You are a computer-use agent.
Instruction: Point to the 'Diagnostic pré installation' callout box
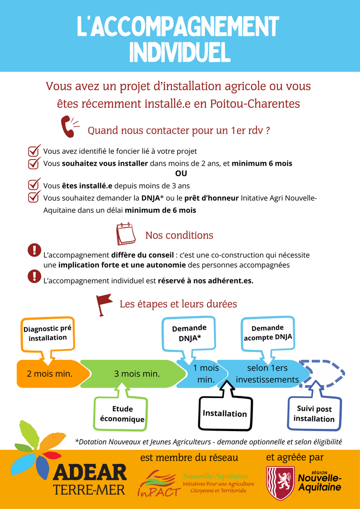tap(48, 334)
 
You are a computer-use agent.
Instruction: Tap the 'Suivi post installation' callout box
tap(314, 413)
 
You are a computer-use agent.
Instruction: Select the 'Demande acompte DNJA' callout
tap(268, 333)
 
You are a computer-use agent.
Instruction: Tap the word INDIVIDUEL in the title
tap(180, 53)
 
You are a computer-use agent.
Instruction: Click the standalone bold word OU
tap(181, 174)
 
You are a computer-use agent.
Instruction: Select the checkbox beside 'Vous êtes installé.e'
tap(34, 184)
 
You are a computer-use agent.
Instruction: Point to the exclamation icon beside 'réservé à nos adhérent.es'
tap(34, 276)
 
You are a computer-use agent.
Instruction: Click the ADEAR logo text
tap(90, 474)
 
